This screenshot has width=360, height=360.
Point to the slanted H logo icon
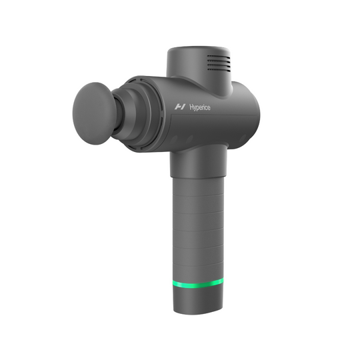point(179,107)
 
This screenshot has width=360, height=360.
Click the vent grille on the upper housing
point(217,63)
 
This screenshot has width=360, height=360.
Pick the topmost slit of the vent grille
point(217,57)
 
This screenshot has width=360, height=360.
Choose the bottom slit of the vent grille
point(217,70)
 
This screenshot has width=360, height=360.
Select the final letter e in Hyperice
point(209,107)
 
